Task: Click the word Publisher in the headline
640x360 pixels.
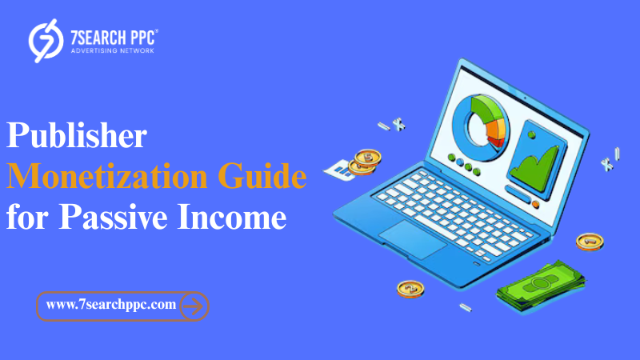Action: (x=77, y=135)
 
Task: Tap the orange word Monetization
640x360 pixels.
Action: (x=107, y=176)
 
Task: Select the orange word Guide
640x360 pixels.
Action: (x=262, y=176)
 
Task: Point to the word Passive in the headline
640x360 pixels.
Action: (x=113, y=217)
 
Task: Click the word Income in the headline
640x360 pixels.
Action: (x=232, y=217)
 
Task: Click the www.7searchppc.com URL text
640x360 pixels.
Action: (x=111, y=305)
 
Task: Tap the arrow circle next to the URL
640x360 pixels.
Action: (x=194, y=306)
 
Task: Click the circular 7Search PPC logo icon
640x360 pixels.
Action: (x=46, y=41)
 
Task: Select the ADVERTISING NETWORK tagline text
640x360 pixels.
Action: (x=112, y=50)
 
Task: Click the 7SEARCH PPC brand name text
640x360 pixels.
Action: (x=114, y=38)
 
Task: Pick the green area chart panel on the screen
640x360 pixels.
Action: (x=537, y=160)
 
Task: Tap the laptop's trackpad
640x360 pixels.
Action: (x=413, y=238)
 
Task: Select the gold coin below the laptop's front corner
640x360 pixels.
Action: (x=410, y=289)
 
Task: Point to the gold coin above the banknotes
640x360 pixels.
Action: (x=590, y=242)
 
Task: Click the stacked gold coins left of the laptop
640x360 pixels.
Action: (x=365, y=162)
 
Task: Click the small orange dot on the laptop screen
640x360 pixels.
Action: (x=535, y=205)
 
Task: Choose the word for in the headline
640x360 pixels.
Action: (x=27, y=217)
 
